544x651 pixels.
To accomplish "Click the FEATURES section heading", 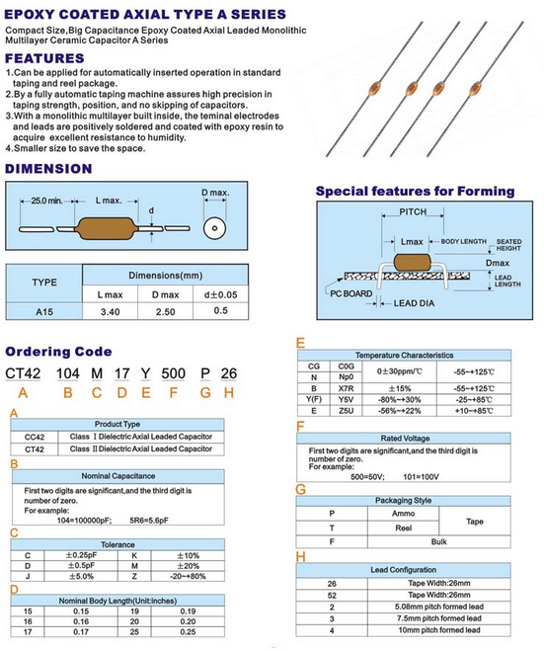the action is coord(44,58).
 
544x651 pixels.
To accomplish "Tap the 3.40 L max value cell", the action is coord(110,312).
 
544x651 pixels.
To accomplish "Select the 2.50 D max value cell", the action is coord(165,312).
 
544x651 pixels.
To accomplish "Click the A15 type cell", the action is coord(44,312).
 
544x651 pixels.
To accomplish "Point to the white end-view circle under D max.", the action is coord(214,228).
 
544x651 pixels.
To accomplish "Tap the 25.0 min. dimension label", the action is coord(46,201).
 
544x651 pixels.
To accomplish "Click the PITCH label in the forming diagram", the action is coord(413,211).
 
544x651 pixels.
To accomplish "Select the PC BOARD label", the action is coord(351,293).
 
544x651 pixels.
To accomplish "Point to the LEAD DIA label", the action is coord(414,303).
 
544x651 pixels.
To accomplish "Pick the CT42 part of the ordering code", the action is coord(23,373).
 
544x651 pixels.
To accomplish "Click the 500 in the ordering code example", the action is coord(174,373).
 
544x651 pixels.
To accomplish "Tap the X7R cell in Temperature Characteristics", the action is coord(346,388).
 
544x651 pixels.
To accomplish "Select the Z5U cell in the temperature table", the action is coord(346,411).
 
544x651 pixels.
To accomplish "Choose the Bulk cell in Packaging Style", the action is coord(438,541).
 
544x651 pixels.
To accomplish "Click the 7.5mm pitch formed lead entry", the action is coord(439,618).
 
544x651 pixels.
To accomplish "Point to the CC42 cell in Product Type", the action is coord(35,438).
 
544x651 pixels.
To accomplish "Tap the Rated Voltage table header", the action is coord(405,439).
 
